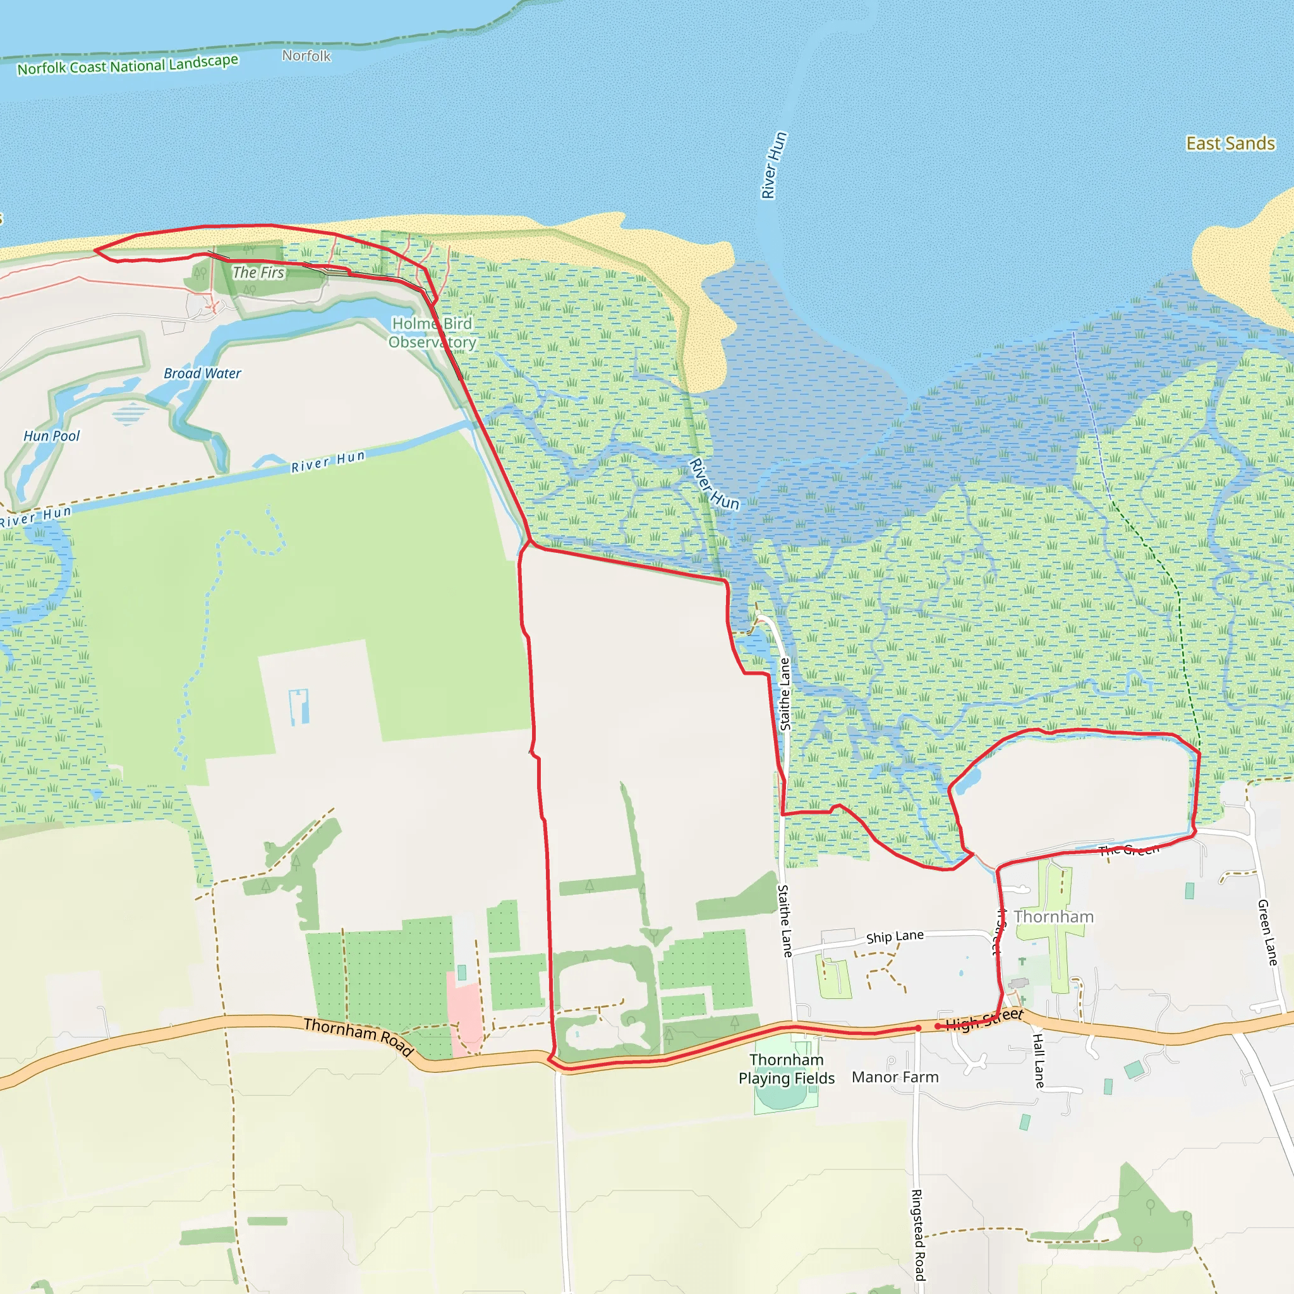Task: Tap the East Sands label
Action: click(x=1230, y=143)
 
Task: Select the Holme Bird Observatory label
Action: click(x=432, y=333)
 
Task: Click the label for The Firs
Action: click(x=258, y=272)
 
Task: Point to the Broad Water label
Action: click(x=202, y=374)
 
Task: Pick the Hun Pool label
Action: click(x=52, y=436)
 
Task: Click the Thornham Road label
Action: click(x=358, y=1036)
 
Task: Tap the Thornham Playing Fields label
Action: click(x=786, y=1069)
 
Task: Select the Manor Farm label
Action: click(x=895, y=1077)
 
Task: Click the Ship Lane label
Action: click(x=895, y=936)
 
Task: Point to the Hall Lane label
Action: click(x=1038, y=1060)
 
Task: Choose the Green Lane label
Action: click(x=1267, y=933)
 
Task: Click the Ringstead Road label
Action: click(x=918, y=1235)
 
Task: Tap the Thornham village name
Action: click(x=1053, y=917)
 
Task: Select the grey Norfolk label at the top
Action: click(x=306, y=56)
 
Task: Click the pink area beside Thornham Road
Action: click(x=464, y=1015)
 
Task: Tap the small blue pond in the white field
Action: click(x=298, y=707)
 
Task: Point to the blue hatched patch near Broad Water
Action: click(x=131, y=413)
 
